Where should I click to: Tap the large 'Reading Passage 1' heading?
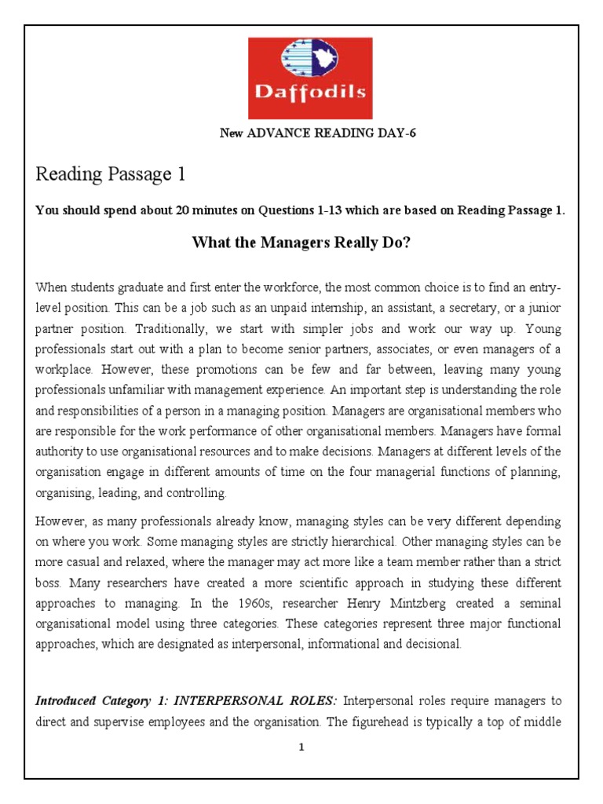tap(110, 174)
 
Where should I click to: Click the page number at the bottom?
tap(301, 748)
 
